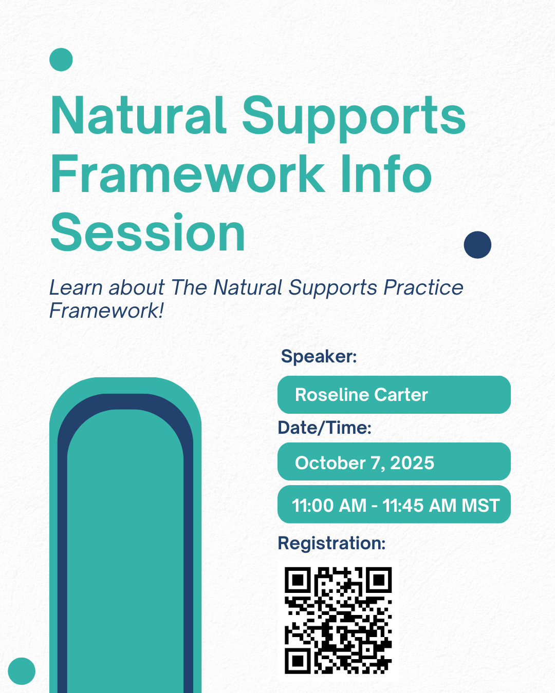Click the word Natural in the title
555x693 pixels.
[x=139, y=115]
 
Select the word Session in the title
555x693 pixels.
[x=147, y=232]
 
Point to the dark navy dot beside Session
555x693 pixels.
[x=477, y=245]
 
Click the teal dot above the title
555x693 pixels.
[x=61, y=60]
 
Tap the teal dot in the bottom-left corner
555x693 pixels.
[x=22, y=671]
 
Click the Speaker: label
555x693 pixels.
[x=319, y=356]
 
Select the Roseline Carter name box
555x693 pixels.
[x=394, y=395]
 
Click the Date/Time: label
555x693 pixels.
[x=325, y=428]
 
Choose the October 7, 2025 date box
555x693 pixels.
[x=394, y=461]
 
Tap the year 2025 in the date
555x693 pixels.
[x=412, y=463]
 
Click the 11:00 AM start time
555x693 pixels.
[x=329, y=505]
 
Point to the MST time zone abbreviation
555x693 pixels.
[x=480, y=505]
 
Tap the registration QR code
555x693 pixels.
[x=338, y=621]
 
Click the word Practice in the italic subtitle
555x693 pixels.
[x=423, y=287]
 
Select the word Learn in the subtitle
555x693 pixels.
[x=76, y=287]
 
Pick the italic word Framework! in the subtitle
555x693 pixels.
[x=107, y=311]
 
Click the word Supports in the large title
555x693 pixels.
[x=354, y=119]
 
